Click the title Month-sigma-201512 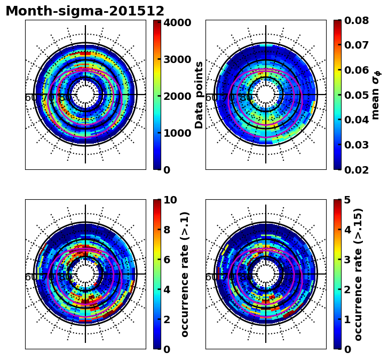(85, 11)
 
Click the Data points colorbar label (200, 95)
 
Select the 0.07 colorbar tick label (357, 45)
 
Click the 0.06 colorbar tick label (357, 70)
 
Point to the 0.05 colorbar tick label (357, 95)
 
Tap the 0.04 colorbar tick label (357, 120)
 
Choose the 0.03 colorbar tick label (357, 145)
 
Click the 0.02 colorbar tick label (357, 170)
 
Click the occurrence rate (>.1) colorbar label (185, 274)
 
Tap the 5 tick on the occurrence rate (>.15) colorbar (347, 200)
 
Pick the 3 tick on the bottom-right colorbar (347, 260)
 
